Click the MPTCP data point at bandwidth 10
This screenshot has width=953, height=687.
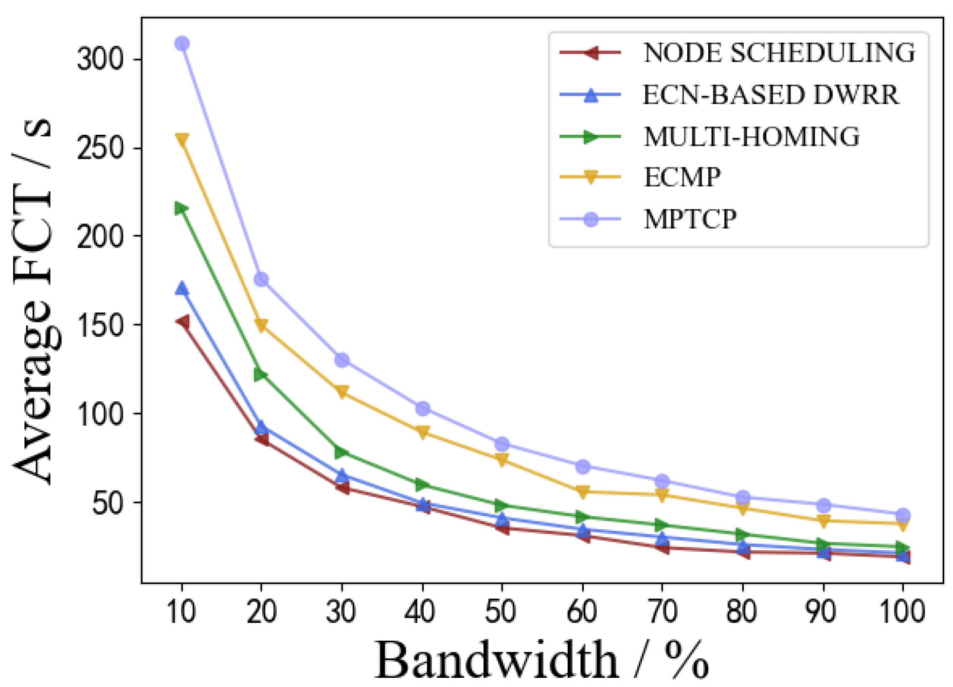[x=182, y=43]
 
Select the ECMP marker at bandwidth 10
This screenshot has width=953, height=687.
[x=182, y=140]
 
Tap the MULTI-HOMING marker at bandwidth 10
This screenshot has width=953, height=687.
[x=181, y=208]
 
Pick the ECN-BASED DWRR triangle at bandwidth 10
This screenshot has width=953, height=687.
[x=182, y=288]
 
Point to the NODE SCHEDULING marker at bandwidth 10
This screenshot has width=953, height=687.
[x=183, y=322]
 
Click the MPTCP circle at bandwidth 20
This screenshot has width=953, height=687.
[x=261, y=279]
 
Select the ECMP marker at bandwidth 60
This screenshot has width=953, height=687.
[x=583, y=491]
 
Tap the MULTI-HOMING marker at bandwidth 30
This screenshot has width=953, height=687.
[x=342, y=452]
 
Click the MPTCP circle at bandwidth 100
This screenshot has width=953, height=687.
[x=903, y=515]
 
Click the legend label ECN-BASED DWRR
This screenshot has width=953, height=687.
[x=771, y=94]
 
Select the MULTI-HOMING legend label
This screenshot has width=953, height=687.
[x=752, y=136]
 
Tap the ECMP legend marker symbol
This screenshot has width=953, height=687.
[x=591, y=177]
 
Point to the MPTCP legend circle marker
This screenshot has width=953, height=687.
[x=591, y=219]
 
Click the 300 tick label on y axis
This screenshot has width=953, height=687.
[x=100, y=60]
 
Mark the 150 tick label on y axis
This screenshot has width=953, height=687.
[x=100, y=325]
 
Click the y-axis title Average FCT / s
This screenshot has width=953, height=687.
[x=33, y=302]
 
